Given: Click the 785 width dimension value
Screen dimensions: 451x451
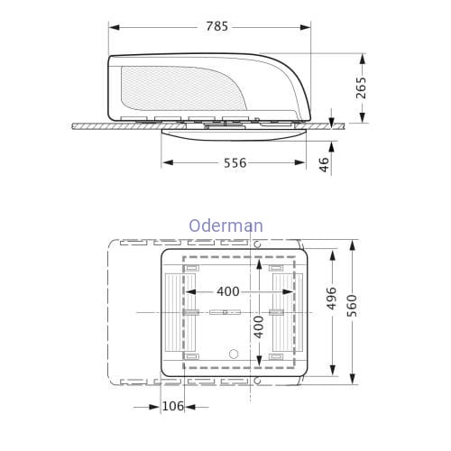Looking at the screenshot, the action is pyautogui.click(x=217, y=27).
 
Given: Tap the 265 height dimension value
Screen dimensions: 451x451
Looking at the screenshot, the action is pyautogui.click(x=361, y=87).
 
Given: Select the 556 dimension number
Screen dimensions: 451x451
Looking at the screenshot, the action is pyautogui.click(x=235, y=163).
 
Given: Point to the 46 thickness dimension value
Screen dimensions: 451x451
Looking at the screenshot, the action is pyautogui.click(x=324, y=164).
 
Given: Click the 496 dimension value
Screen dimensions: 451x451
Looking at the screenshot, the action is pyautogui.click(x=332, y=299).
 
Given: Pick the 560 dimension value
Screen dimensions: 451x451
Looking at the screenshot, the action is pyautogui.click(x=352, y=306).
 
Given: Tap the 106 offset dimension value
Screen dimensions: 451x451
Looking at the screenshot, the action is pyautogui.click(x=173, y=406).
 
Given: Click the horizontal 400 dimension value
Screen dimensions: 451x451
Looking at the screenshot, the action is pyautogui.click(x=228, y=291).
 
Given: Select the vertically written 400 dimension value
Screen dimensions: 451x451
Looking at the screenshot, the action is pyautogui.click(x=258, y=327).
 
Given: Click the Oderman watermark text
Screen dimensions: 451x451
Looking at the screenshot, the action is pyautogui.click(x=226, y=225).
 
